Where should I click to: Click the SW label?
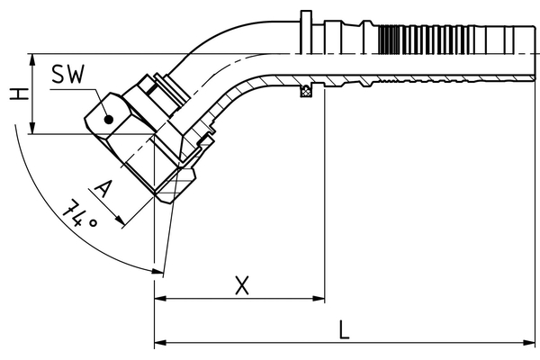pos(68,75)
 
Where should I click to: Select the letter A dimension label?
pos(104,188)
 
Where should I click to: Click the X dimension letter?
pos(241,285)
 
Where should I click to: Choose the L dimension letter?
pos(345,329)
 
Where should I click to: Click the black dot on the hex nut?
pos(108,119)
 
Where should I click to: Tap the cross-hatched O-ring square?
pos(306,90)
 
